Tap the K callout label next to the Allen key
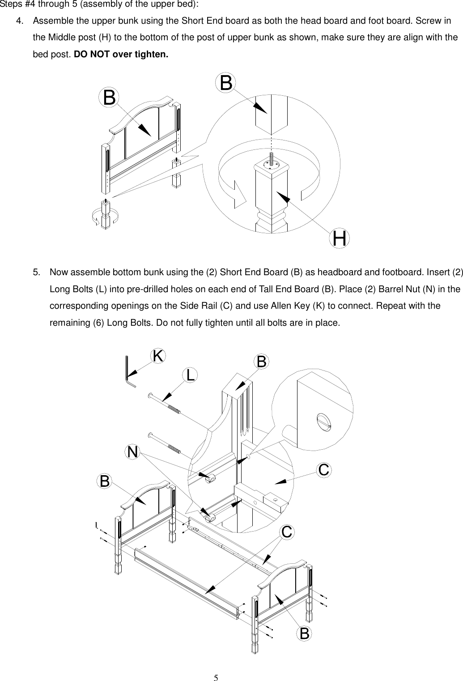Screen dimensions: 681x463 coord(158,356)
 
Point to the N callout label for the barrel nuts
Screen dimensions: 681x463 coord(132,452)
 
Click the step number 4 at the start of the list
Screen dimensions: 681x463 coord(19,21)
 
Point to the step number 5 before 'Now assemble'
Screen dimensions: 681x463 coord(36,272)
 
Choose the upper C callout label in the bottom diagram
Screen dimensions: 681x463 coord(324,470)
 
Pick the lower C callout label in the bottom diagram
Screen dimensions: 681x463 coord(287,532)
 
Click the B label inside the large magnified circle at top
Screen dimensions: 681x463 coord(226,83)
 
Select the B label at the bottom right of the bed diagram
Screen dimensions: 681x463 coord(305,633)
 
